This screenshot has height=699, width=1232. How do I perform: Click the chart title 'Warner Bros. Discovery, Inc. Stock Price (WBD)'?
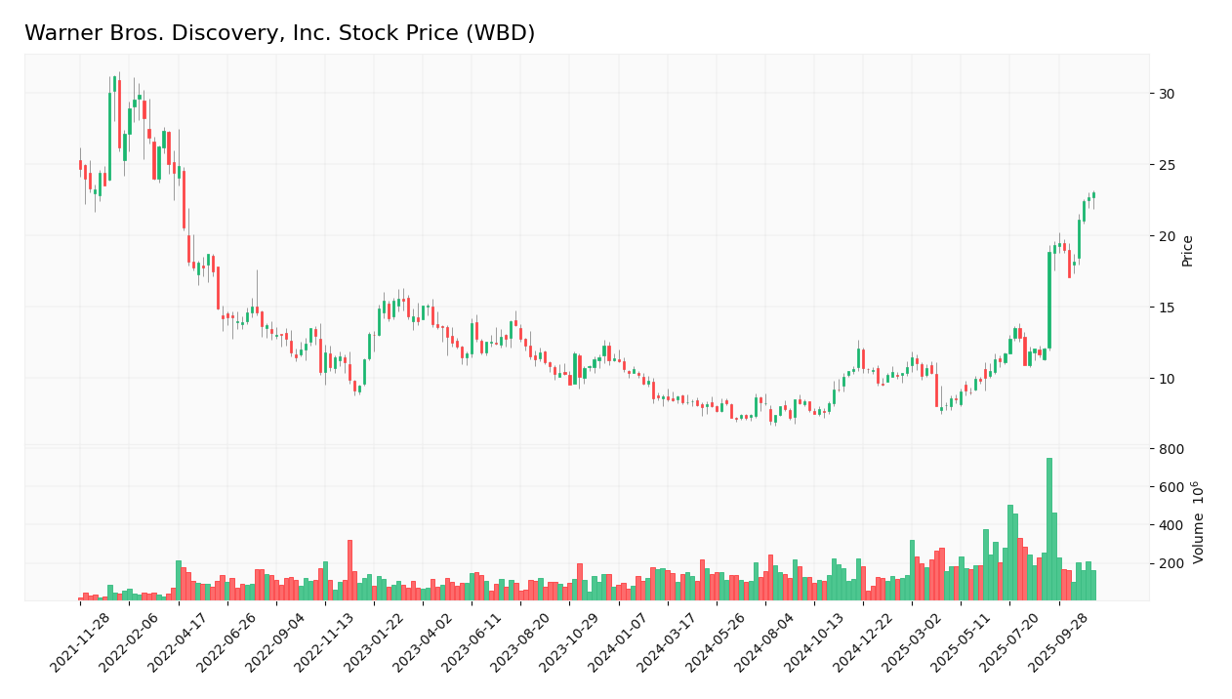click(x=279, y=33)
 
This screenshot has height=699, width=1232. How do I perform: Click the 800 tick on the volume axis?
click(x=1171, y=449)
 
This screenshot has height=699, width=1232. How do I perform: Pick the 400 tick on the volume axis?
click(x=1171, y=525)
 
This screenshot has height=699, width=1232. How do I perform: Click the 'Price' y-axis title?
click(x=1188, y=251)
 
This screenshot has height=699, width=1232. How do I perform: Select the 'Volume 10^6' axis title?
click(x=1199, y=521)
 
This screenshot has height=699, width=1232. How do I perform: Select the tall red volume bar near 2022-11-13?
click(x=349, y=570)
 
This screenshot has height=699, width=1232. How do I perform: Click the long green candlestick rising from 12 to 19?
click(x=1049, y=300)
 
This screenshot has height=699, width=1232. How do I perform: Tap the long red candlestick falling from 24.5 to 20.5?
click(x=184, y=200)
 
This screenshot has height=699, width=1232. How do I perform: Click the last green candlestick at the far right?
click(x=1093, y=195)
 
